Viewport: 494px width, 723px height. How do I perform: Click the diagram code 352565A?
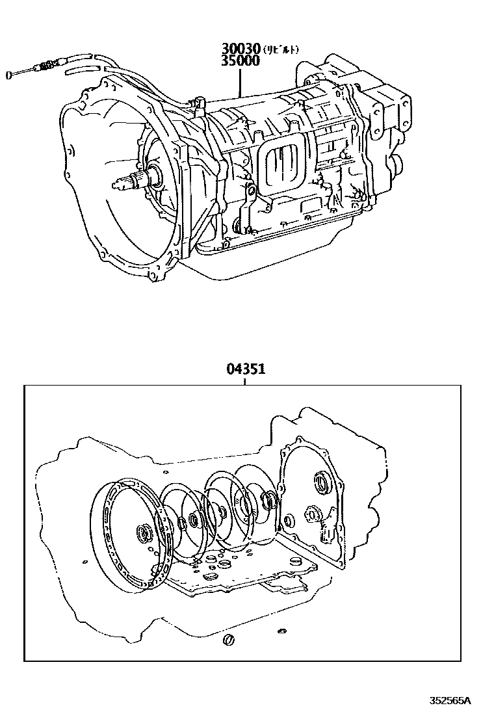449,701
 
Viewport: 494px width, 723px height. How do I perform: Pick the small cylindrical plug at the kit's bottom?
229,640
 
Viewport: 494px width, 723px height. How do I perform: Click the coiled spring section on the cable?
47,65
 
